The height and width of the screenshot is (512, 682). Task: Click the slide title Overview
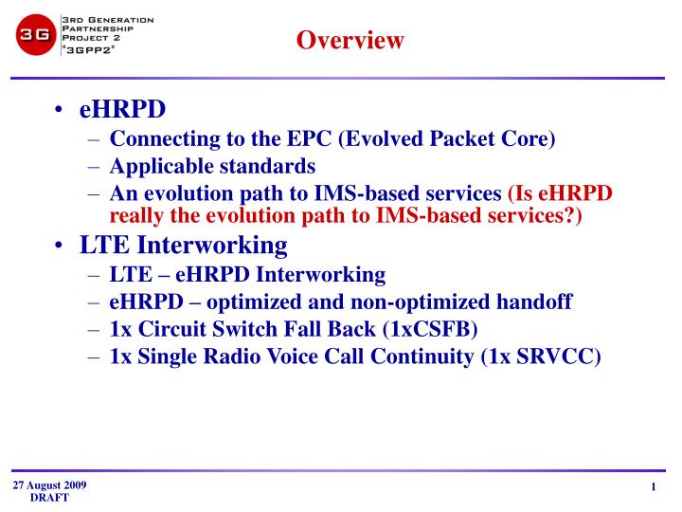point(350,40)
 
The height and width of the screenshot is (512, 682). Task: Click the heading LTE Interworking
point(183,246)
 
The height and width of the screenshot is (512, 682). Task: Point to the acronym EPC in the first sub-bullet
point(308,138)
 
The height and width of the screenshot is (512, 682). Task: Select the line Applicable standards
point(212,166)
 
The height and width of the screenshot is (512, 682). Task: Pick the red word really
point(138,215)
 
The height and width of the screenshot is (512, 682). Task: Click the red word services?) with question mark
point(530,215)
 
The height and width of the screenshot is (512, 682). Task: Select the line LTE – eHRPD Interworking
point(247,275)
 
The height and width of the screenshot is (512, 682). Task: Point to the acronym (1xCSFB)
point(428,330)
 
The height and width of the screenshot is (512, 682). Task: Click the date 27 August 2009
point(49,485)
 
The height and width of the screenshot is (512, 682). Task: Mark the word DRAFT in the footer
point(49,499)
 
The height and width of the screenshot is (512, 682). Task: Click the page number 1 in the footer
point(654,488)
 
